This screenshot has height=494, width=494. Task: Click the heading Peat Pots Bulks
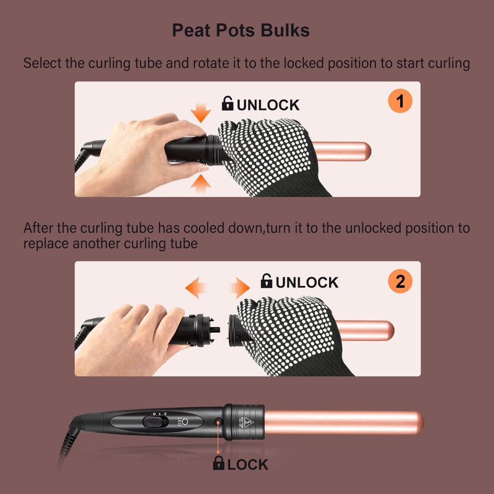pos(241,30)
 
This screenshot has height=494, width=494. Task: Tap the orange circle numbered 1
pos(400,101)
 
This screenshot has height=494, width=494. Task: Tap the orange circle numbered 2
pos(400,281)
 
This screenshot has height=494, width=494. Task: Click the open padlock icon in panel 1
pos(227,103)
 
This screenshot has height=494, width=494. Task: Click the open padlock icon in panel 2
pos(267,281)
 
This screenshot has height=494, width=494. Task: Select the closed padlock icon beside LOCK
pos(219,463)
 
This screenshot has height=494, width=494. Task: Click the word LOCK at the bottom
pos(248,465)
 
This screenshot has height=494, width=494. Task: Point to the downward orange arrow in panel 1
pos(201,113)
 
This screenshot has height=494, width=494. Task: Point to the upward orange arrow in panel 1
pos(201,183)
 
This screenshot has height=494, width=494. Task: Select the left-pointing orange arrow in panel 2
pos(195,288)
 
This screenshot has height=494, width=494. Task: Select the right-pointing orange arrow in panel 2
pos(240,288)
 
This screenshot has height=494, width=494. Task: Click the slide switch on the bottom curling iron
pos(156,422)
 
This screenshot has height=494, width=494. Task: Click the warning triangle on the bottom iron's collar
pos(246,422)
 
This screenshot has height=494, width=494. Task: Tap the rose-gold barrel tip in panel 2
pos(390,330)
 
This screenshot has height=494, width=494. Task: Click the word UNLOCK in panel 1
pos(268,105)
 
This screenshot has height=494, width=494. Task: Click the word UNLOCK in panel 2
pos(307,283)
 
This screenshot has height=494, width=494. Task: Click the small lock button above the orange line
pos(218,421)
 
